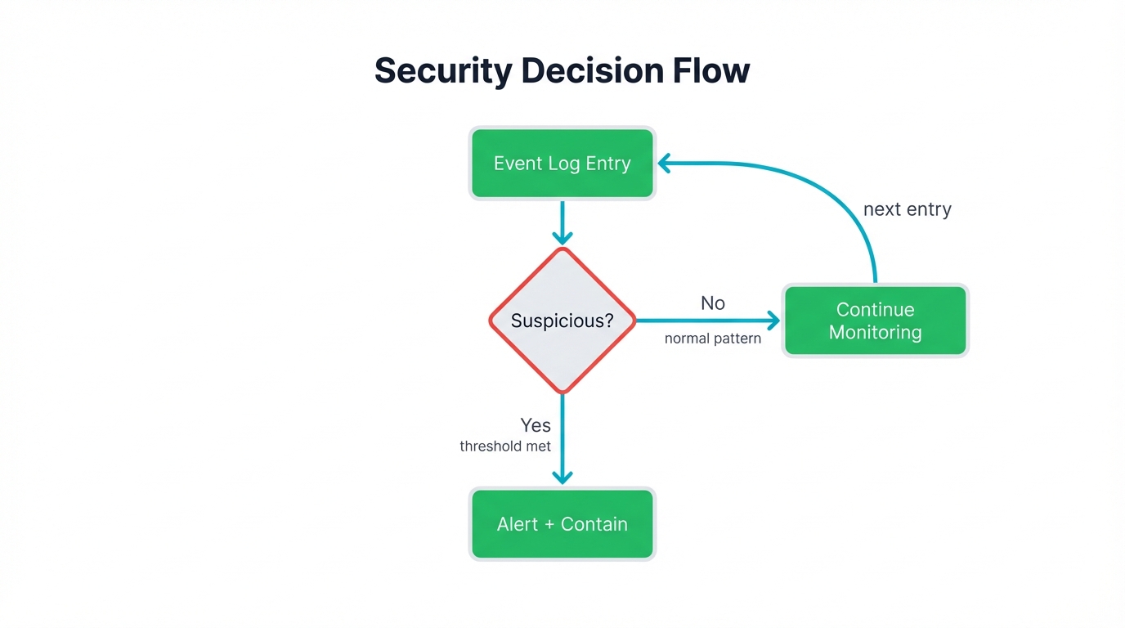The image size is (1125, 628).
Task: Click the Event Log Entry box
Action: pos(562,163)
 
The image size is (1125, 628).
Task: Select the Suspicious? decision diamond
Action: pos(562,321)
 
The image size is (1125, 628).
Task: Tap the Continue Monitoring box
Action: pos(875,321)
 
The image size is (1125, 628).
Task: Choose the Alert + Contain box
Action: pos(562,524)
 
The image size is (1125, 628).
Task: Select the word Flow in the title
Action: pos(711,71)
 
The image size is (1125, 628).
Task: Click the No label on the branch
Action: pos(713,303)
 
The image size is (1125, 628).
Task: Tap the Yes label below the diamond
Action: pos(536,425)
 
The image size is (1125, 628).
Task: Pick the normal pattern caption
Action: pos(713,339)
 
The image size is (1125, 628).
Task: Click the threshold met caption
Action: pos(505,446)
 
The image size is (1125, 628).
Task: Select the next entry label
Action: pos(908,209)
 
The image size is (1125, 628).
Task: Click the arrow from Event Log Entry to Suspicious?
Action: pos(562,221)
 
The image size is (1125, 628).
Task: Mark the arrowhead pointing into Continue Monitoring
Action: pos(773,321)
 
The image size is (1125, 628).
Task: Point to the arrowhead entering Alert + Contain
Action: pos(562,478)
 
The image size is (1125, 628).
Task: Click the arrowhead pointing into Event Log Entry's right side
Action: pos(665,164)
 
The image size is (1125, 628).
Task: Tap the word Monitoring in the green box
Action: pos(875,333)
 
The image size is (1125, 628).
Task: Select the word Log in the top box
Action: pos(563,164)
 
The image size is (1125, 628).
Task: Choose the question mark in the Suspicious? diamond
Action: pos(608,321)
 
